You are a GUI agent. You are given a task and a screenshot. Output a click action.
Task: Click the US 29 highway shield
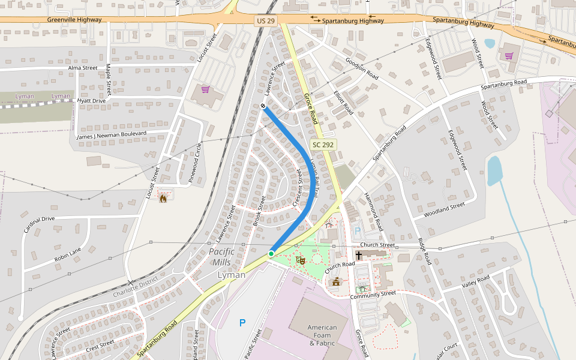tap(265, 21)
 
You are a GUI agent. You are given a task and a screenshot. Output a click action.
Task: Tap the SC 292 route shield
tap(324, 145)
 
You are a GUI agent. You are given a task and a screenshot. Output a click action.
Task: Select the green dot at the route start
tap(271, 254)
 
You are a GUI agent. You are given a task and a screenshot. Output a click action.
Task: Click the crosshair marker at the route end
tap(263, 106)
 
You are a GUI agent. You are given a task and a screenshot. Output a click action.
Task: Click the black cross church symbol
tap(359, 255)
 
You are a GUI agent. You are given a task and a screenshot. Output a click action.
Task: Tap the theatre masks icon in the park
tap(301, 260)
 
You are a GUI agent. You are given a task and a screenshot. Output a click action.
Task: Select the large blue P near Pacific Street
tap(242, 323)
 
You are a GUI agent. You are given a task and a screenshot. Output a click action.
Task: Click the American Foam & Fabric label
tap(322, 335)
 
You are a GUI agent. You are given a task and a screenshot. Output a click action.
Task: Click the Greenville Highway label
tap(74, 20)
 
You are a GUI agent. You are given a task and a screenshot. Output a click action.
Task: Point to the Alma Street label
tap(83, 68)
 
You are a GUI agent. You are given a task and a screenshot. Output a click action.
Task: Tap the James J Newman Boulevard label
tap(111, 135)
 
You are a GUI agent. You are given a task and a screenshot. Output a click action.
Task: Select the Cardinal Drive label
tap(39, 225)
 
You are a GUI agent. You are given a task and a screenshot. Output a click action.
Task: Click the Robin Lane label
tap(68, 254)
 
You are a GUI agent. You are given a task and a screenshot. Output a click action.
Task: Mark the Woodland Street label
tap(444, 210)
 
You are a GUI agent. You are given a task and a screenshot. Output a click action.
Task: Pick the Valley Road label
tap(476, 281)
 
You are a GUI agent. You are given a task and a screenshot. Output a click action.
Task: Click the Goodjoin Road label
tap(362, 69)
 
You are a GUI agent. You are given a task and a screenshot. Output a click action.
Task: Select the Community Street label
tap(373, 294)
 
